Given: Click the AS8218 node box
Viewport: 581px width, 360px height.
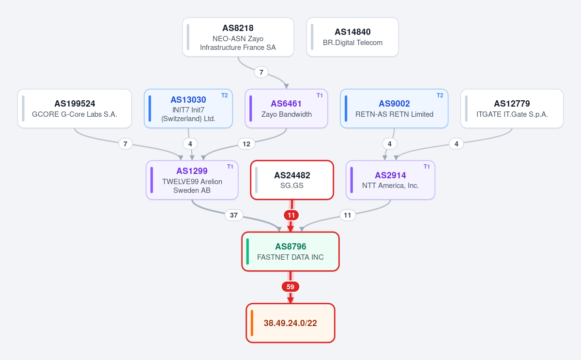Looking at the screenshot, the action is click(238, 37).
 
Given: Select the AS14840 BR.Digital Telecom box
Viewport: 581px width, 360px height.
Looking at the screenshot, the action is click(352, 37).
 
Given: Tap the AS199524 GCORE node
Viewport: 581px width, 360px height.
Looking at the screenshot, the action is click(75, 109).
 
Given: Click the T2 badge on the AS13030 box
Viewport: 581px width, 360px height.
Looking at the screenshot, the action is click(224, 95).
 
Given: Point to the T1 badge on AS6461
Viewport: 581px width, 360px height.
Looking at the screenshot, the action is click(320, 95).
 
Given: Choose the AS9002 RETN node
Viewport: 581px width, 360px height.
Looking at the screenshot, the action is click(394, 109).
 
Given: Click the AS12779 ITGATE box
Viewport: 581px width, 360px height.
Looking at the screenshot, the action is click(512, 109).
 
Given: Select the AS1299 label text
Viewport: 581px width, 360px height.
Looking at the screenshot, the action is click(192, 171).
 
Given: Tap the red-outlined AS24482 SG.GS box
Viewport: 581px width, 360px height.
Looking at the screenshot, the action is click(292, 180).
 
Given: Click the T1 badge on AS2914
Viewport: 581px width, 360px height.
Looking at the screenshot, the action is click(427, 167).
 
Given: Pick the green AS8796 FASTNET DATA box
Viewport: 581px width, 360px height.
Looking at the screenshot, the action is click(290, 251).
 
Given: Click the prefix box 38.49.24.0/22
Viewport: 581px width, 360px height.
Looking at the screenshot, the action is click(290, 323).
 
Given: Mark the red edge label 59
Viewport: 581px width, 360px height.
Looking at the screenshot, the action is click(290, 287).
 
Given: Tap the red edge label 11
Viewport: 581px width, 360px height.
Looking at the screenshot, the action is click(291, 215).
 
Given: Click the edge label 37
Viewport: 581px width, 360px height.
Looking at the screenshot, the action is click(234, 215).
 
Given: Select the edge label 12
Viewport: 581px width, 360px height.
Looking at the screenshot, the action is click(246, 144).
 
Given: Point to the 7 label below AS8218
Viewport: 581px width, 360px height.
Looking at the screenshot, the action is click(261, 72).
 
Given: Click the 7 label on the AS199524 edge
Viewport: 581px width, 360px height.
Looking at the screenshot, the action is click(125, 144).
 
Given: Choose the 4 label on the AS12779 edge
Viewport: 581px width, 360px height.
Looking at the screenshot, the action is click(456, 144).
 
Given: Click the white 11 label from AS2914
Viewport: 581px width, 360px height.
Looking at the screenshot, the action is click(348, 215).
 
